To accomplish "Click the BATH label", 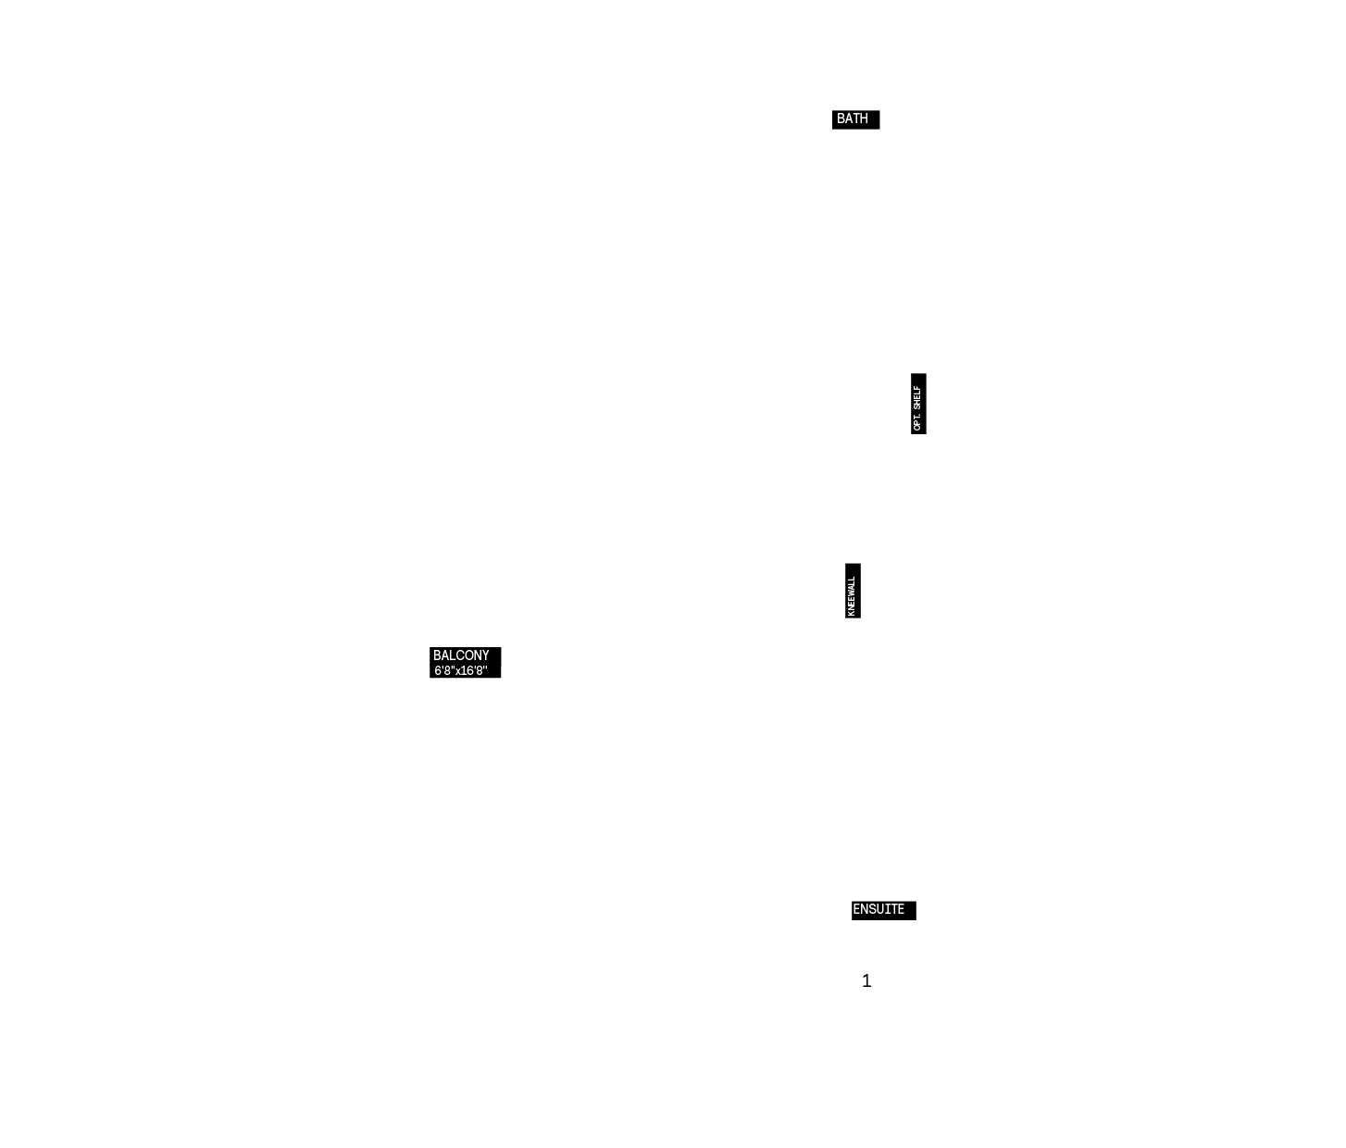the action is [852, 119].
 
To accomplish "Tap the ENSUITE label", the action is [879, 909].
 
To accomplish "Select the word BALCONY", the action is [461, 655].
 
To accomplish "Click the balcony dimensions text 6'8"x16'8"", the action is [461, 670].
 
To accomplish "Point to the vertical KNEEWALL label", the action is [852, 596].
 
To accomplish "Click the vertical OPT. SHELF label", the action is [917, 408].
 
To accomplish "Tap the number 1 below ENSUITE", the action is [866, 980].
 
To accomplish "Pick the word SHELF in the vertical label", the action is [917, 398].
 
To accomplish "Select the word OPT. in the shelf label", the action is [917, 422].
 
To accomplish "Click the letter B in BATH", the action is [841, 119].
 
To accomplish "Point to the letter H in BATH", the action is [864, 119].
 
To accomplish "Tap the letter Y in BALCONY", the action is [485, 655].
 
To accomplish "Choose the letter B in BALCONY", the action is [438, 655].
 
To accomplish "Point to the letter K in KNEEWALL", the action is [852, 613].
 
